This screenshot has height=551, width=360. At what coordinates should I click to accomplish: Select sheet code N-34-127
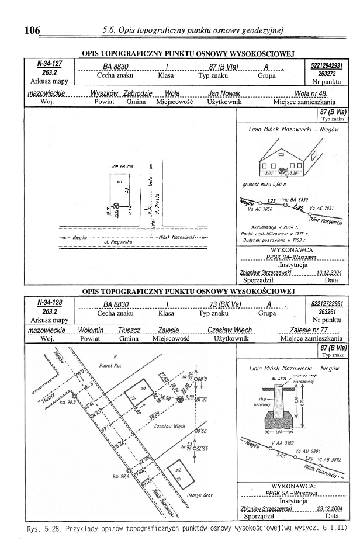pos(50,63)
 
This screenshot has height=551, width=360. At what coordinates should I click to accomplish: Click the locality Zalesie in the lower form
pos(168,330)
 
